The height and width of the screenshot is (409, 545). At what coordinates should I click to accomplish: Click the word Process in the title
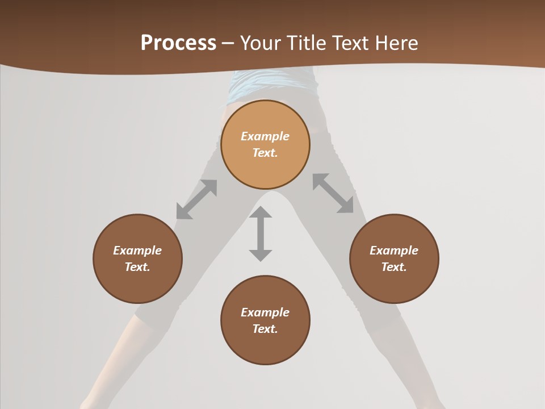tap(178, 43)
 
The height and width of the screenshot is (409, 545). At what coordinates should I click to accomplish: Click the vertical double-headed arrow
tap(261, 234)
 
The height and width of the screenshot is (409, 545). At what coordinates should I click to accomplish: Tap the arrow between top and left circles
tap(196, 199)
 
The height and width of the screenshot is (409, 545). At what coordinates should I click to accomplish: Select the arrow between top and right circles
tap(333, 194)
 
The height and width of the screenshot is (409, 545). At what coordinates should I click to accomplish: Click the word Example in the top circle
tap(265, 136)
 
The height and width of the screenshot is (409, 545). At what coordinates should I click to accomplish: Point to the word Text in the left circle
tap(137, 267)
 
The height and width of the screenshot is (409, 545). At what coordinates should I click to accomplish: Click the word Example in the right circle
tap(394, 251)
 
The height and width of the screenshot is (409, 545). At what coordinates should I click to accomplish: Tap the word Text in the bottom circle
tap(265, 329)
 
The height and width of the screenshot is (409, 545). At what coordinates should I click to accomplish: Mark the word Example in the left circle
tap(137, 251)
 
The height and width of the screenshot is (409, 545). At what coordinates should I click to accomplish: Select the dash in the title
tap(228, 44)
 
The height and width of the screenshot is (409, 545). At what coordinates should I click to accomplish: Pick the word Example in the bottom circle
tap(265, 312)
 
